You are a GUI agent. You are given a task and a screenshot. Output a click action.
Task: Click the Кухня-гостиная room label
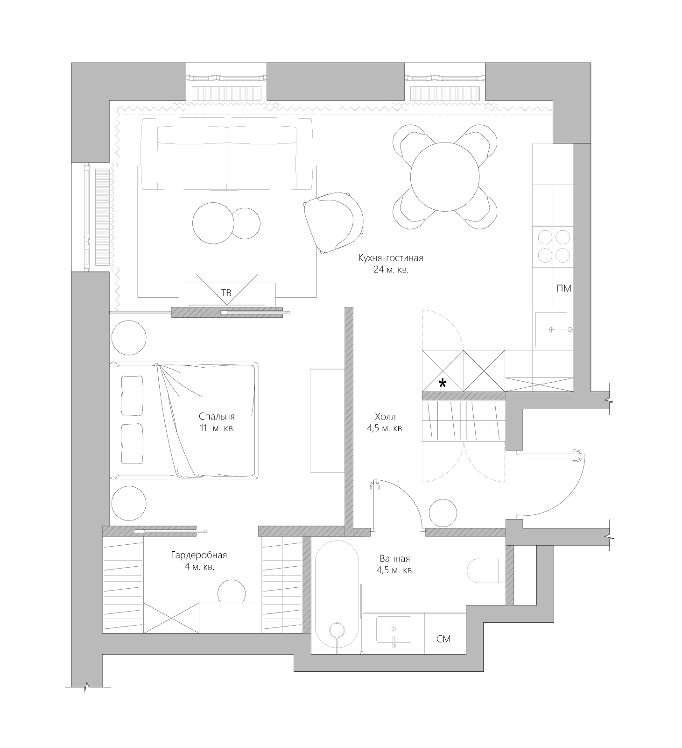(x=391, y=258)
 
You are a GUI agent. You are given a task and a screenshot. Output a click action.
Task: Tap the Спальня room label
(x=217, y=416)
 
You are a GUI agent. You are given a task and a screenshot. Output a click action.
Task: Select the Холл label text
(x=385, y=416)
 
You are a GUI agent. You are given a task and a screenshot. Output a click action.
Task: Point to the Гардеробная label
(x=199, y=555)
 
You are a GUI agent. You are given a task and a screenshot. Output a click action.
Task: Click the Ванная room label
(x=395, y=558)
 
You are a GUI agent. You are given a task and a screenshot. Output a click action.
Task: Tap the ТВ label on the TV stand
(x=226, y=293)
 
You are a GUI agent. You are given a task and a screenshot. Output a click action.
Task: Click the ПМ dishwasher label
(x=564, y=288)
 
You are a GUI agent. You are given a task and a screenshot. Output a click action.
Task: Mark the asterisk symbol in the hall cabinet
(x=442, y=384)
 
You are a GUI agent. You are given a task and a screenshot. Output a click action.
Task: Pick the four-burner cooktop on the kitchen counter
(x=553, y=246)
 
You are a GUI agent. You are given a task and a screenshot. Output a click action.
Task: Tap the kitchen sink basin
(x=551, y=329)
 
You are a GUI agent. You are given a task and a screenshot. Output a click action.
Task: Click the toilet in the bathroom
(x=486, y=570)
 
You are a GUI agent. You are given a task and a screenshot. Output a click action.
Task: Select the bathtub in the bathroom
(x=337, y=596)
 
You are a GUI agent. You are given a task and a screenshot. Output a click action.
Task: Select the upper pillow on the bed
(x=132, y=395)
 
